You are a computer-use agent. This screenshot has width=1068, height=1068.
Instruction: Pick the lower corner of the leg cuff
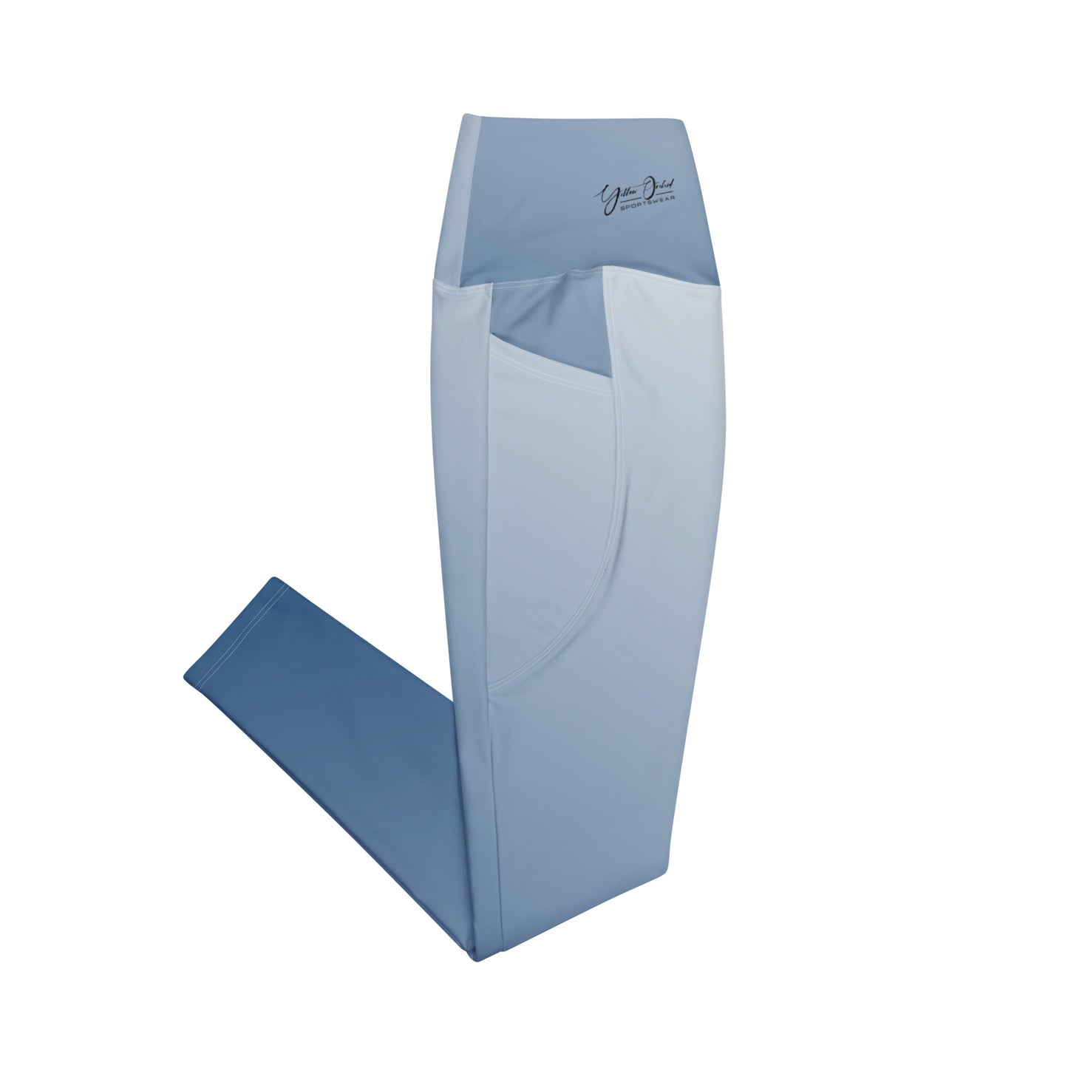[183, 676]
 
